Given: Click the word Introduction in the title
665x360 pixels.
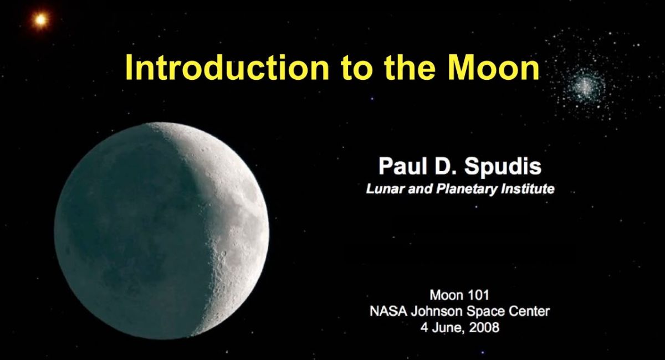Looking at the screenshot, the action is pyautogui.click(x=227, y=67).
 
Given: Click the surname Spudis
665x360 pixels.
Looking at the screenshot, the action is pyautogui.click(x=503, y=167).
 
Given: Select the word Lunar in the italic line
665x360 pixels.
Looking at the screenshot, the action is pyautogui.click(x=385, y=189).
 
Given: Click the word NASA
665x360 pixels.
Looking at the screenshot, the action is pyautogui.click(x=388, y=311).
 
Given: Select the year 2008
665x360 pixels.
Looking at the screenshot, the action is pyautogui.click(x=484, y=327).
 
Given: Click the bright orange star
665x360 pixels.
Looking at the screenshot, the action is pyautogui.click(x=40, y=20).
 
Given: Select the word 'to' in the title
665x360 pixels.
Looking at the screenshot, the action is pyautogui.click(x=356, y=68).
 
